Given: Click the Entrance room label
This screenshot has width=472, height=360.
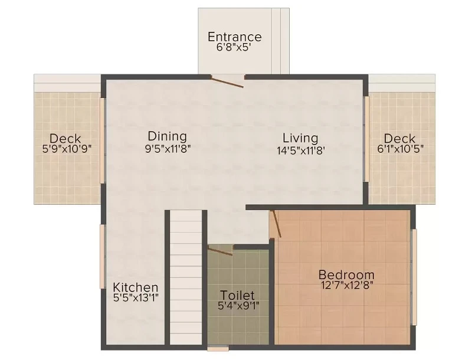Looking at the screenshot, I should click(234, 37).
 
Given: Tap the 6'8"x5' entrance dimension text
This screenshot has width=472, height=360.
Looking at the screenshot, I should click(234, 48).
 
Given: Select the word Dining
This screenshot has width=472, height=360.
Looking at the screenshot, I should click(167, 136).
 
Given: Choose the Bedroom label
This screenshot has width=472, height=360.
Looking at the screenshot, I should click(346, 274).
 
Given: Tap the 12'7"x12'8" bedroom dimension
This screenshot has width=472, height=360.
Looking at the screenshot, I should click(346, 286).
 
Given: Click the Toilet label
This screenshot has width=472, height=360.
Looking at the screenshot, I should click(237, 294).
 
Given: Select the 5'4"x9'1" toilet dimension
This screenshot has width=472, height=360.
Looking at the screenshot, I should click(237, 306).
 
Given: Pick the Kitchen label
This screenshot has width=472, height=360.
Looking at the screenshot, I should click(136, 287).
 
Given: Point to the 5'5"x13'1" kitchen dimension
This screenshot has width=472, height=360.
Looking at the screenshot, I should click(136, 299).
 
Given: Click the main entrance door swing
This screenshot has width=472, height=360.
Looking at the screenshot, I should click(228, 82).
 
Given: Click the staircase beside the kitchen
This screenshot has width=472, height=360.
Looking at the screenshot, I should click(186, 277).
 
